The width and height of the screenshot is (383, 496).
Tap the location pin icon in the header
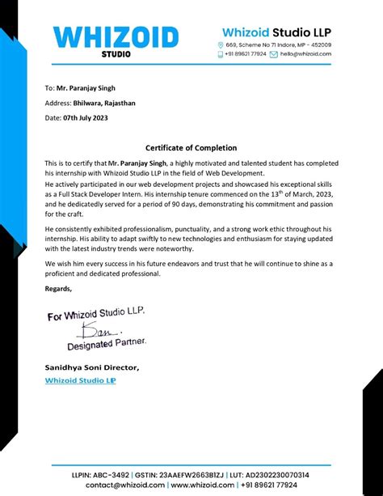coord(221,45)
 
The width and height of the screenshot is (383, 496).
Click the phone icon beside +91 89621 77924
coord(221,54)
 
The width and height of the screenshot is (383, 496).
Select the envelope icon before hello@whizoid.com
coord(273,54)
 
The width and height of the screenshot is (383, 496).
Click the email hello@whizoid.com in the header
coord(305,54)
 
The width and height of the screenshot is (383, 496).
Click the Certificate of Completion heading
coord(191,148)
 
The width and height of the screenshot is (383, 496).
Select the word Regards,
coord(58,289)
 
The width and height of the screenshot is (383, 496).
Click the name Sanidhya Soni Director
coord(91,367)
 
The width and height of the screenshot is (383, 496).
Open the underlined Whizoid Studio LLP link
coord(80,379)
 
